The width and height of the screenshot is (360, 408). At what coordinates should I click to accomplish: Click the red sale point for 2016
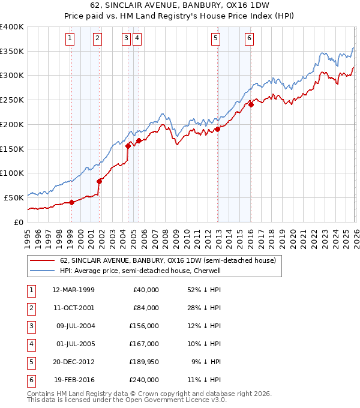[x=251, y=104]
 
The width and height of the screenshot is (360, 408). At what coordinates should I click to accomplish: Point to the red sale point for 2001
[x=99, y=181]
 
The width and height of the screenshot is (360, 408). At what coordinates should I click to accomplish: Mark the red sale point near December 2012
[x=217, y=129]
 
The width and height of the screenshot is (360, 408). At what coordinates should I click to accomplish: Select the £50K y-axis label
[x=14, y=197]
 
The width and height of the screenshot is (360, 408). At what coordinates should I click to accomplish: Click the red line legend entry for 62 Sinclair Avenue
[x=167, y=260]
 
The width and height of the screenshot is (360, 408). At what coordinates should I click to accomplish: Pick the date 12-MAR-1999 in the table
[x=73, y=290]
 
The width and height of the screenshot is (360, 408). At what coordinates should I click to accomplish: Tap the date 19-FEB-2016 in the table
[x=73, y=380]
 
